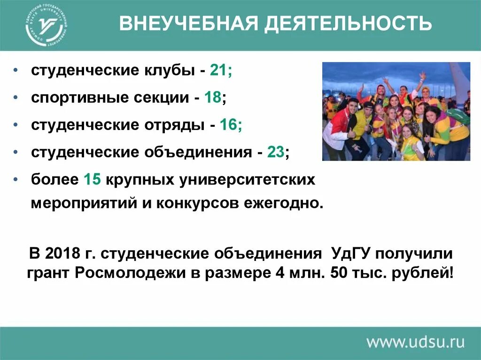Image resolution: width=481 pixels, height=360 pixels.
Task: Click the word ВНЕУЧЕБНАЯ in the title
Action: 187,23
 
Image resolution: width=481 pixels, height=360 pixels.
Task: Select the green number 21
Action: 218,71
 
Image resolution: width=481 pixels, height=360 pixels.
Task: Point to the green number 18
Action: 213,98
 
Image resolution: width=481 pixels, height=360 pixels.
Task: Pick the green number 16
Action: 228,125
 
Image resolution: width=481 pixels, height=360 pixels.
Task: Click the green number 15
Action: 93,180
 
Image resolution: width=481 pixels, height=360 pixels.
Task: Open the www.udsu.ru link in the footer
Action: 415,341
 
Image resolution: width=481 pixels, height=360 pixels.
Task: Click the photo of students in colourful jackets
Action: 396,112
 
